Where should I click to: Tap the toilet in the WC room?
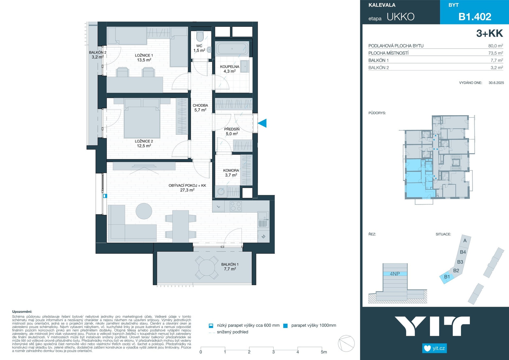click(200, 37)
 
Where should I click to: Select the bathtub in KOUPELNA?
click(232, 49)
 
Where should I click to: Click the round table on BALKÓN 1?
click(207, 267)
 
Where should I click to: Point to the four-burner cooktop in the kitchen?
click(236, 206)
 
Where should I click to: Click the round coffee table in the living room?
click(144, 211)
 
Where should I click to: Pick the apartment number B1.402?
click(475, 17)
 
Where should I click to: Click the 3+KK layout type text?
click(489, 33)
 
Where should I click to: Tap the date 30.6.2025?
click(496, 83)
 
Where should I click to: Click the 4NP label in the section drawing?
click(395, 274)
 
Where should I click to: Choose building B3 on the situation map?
click(460, 262)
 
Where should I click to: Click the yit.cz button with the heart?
click(435, 348)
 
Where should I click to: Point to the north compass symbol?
click(346, 344)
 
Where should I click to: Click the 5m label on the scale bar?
click(324, 352)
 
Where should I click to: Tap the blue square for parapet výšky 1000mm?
click(286, 326)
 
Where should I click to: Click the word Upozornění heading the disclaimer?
click(22, 312)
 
